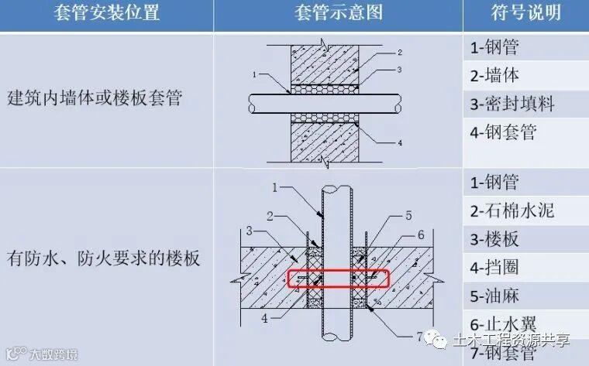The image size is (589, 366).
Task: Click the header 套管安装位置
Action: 106,15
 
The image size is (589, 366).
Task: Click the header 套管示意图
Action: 338,15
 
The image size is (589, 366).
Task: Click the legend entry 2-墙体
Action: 494,75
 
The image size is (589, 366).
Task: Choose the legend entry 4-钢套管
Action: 504,132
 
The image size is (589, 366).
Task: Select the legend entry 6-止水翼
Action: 504,325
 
